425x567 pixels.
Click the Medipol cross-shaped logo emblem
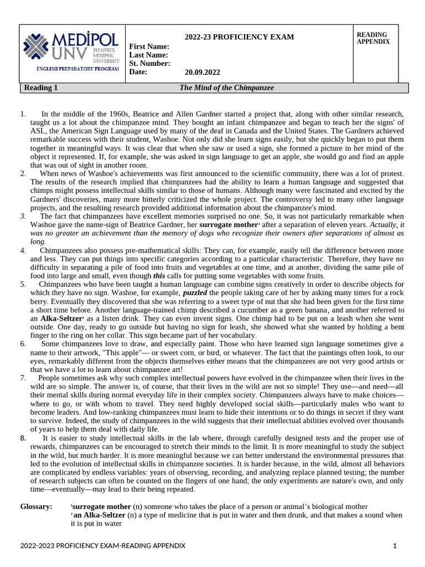pyautogui.click(x=37, y=47)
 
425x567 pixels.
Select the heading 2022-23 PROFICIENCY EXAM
pyautogui.click(x=239, y=37)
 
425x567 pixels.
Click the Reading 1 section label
pyautogui.click(x=41, y=88)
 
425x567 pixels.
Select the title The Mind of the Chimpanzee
pyautogui.click(x=227, y=88)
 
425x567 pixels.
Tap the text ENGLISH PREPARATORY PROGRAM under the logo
pyautogui.click(x=72, y=69)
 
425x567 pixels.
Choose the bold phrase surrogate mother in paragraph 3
pyautogui.click(x=228, y=225)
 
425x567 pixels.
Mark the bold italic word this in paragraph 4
pyautogui.click(x=159, y=276)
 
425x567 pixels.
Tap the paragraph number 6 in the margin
pyautogui.click(x=23, y=344)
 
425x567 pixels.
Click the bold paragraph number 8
pyautogui.click(x=23, y=438)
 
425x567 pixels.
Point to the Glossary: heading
pyautogui.click(x=37, y=507)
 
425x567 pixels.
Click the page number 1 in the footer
pyautogui.click(x=395, y=546)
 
